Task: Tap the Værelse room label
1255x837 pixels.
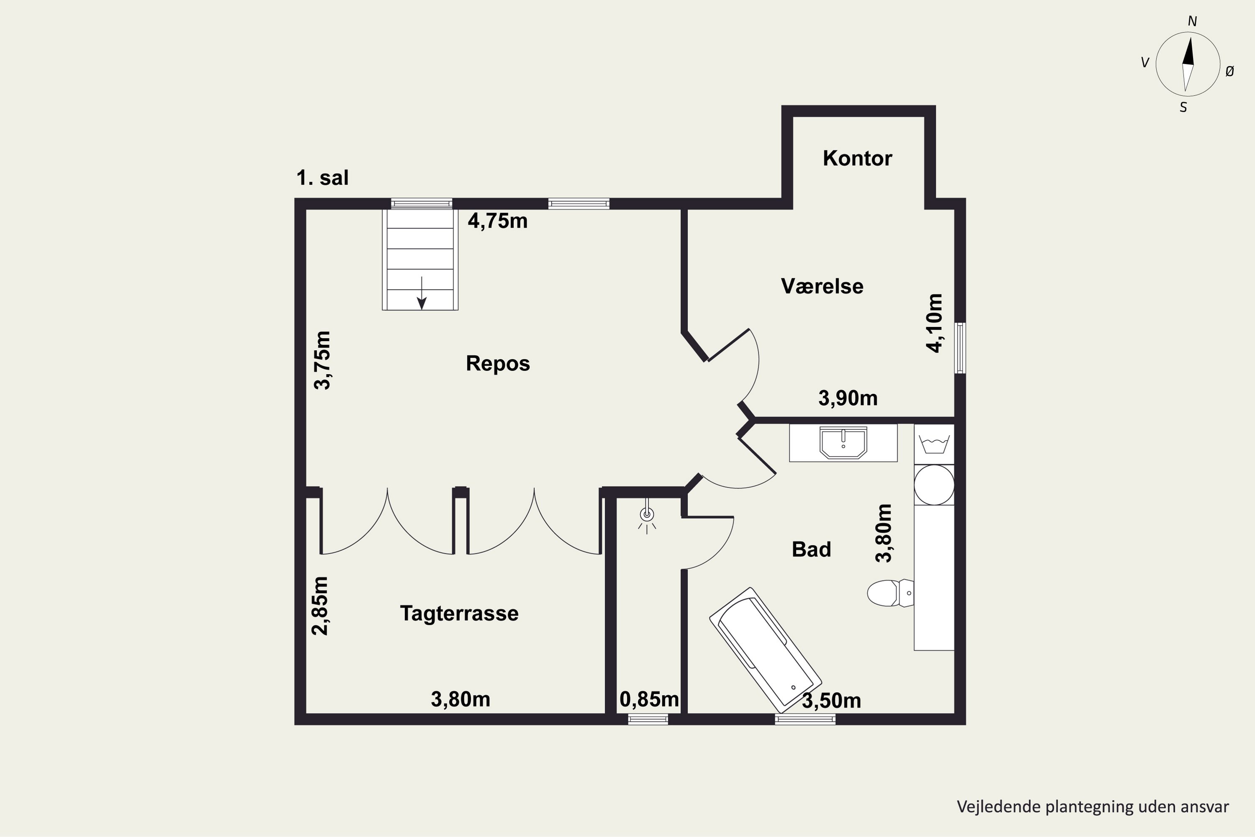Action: pos(822,286)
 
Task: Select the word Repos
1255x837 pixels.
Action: pos(498,364)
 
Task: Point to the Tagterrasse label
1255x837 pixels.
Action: pos(459,614)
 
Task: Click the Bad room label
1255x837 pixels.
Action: pos(811,549)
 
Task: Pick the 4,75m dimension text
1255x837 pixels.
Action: pos(497,221)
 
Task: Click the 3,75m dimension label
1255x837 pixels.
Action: pos(322,360)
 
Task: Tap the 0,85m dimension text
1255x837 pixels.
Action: pos(649,699)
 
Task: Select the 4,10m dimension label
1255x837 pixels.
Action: pos(934,323)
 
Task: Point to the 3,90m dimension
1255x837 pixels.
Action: pos(848,398)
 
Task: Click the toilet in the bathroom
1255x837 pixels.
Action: pos(890,593)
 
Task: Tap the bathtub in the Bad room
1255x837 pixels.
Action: pos(766,650)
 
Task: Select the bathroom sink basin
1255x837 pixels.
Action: pos(843,442)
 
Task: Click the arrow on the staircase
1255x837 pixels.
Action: pos(422,293)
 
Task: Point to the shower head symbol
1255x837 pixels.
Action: pos(647,515)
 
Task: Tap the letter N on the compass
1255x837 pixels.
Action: pos(1192,21)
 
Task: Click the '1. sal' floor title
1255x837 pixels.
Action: pos(322,178)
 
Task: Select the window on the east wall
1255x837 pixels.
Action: pos(960,347)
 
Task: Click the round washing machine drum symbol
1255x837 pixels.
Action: pos(934,485)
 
